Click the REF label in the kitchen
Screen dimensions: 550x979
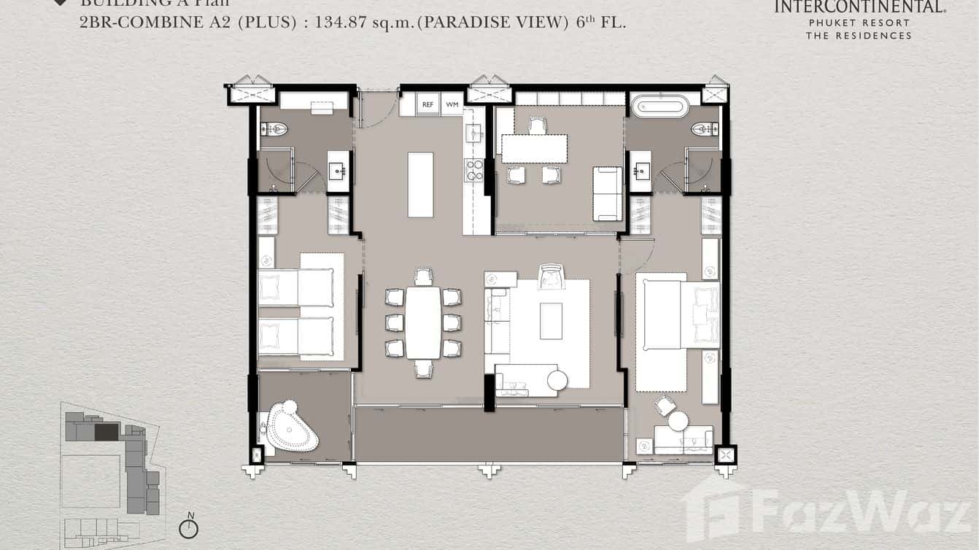428,105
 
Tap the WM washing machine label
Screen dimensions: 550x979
452,105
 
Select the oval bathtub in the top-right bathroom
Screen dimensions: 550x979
660,106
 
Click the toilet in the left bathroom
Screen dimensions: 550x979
274,130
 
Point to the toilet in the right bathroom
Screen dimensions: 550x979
705,130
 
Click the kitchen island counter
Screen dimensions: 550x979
420,185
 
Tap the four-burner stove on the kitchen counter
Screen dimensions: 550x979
475,170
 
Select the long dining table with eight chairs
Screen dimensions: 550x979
423,322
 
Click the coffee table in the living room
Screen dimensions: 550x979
551,321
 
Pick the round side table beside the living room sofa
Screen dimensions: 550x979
557,380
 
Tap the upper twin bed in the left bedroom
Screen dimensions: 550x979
295,287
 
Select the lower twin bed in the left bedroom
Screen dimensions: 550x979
295,336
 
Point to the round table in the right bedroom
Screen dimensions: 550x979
678,421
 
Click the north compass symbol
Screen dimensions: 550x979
188,527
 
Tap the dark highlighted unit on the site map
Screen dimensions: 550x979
107,432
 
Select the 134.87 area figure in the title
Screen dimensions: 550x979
340,22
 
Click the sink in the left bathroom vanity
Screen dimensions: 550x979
338,171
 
